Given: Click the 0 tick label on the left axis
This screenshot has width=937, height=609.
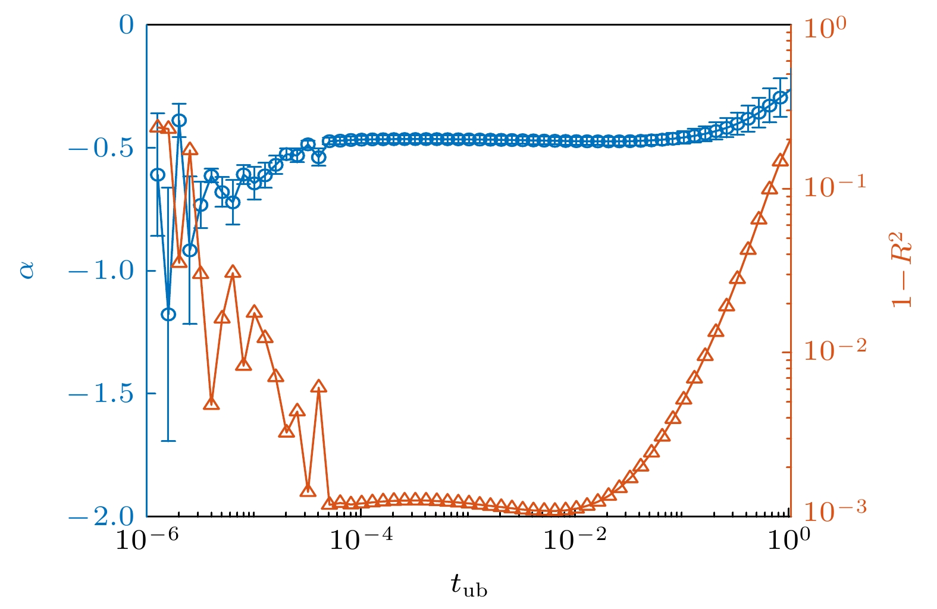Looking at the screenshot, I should click(126, 26).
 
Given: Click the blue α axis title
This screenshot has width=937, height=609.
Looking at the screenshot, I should click(27, 271).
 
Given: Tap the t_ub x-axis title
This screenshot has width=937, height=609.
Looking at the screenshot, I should click(469, 586).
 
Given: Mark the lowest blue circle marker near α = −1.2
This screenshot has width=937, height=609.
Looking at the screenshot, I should click(168, 314).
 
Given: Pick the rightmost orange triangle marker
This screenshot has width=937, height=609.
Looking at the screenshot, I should click(781, 162).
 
